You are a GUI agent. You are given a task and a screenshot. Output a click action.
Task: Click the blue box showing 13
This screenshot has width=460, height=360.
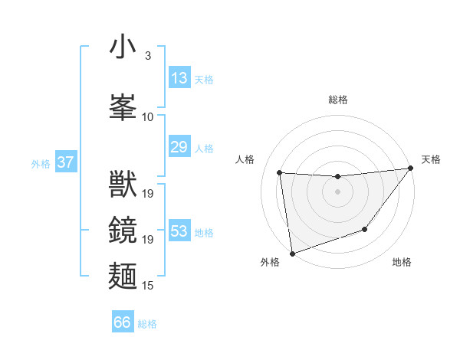click(179, 78)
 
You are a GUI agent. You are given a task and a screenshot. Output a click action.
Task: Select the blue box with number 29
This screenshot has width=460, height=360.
click(179, 147)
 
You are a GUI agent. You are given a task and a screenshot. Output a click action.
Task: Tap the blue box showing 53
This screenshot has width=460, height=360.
click(179, 231)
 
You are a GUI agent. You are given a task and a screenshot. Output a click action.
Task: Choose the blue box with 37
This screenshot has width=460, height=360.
click(65, 162)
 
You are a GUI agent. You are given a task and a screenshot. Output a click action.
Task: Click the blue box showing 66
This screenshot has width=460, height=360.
click(123, 322)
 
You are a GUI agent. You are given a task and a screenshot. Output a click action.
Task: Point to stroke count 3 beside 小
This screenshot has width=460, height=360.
click(147, 56)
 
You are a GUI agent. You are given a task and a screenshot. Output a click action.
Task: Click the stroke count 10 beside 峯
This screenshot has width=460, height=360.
click(148, 117)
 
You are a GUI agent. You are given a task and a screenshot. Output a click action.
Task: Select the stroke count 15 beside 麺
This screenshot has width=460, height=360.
click(148, 286)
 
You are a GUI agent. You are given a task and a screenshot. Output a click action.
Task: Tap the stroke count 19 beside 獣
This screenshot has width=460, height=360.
click(148, 193)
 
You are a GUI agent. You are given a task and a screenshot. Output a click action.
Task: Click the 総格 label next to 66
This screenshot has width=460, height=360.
click(147, 324)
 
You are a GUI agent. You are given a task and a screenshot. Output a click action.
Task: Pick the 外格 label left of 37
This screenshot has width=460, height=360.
click(41, 163)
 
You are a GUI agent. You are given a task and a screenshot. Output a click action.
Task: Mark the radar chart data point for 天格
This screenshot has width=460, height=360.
click(411, 169)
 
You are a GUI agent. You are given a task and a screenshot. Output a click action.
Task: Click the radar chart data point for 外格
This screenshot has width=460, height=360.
click(292, 253)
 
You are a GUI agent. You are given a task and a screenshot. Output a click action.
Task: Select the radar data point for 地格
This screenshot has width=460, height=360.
click(366, 229)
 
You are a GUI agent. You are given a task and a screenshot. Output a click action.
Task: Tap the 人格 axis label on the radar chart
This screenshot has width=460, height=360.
click(245, 159)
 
